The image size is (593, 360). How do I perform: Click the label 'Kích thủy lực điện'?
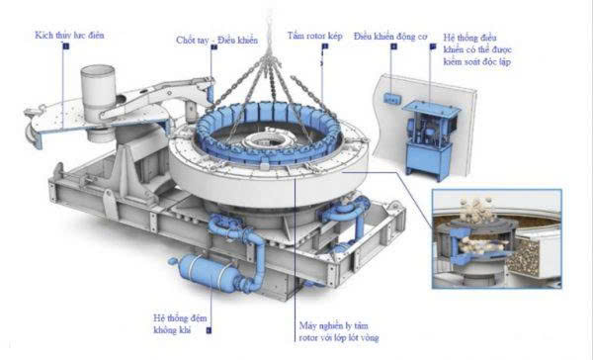pos(69,35)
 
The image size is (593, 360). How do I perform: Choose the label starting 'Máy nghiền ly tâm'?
pos(339,331)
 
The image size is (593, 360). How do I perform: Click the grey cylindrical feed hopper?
pos(100,88)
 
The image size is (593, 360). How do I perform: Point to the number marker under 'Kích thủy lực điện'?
pos(66,45)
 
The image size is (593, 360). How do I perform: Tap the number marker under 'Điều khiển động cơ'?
pos(392,45)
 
